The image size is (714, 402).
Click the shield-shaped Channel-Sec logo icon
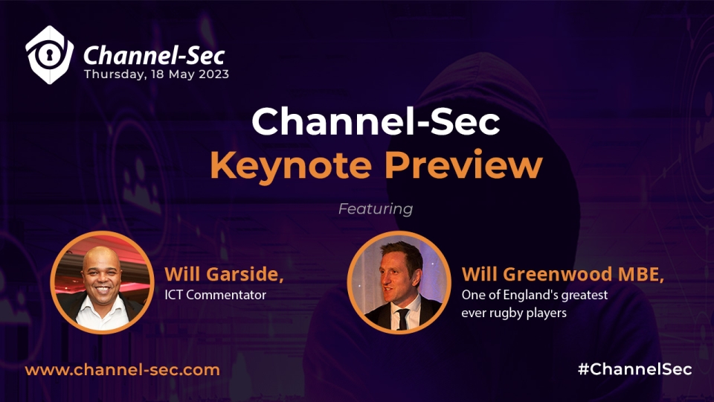point(49,54)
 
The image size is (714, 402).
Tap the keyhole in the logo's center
point(48,54)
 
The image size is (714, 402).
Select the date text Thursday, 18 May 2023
point(156,74)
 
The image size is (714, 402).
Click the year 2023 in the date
point(213,74)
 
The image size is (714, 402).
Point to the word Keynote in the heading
point(291,165)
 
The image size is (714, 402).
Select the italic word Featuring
point(376,208)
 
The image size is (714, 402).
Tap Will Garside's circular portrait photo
point(102,283)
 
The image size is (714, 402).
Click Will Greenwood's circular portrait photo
point(399,283)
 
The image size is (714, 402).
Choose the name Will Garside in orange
point(224,274)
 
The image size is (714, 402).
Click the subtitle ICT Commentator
point(216,295)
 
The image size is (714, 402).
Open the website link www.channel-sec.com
point(123,370)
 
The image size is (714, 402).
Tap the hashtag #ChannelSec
point(634,369)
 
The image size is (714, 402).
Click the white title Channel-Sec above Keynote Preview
point(376,121)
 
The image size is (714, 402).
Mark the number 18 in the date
point(157,74)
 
